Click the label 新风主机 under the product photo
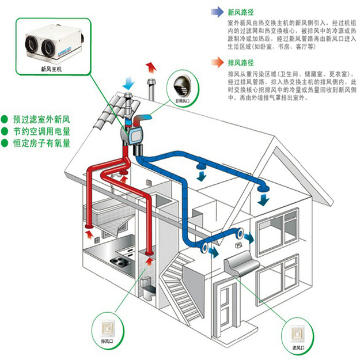(51, 68)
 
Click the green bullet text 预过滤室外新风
(43, 120)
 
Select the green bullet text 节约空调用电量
(43, 131)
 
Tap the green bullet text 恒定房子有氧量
(43, 143)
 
